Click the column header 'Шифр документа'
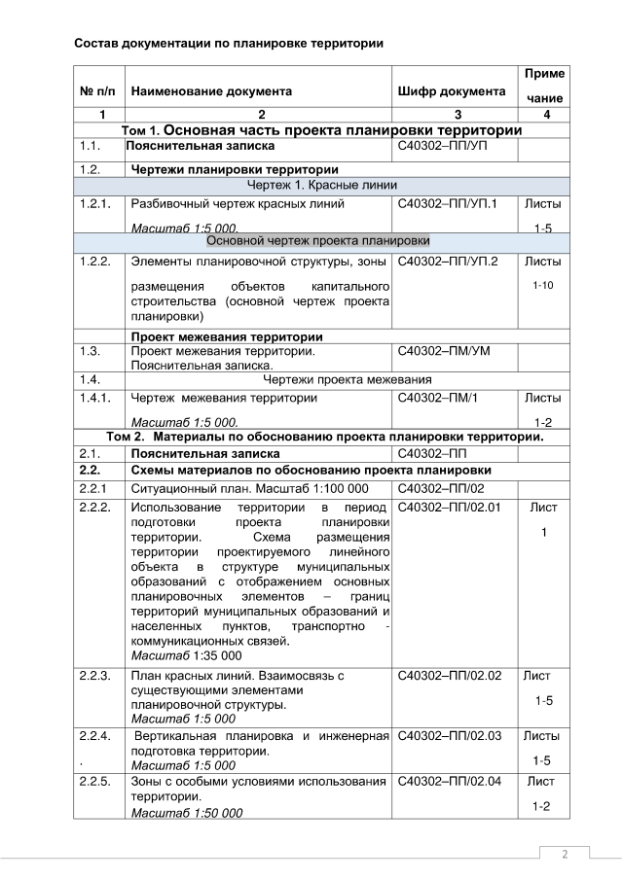click(x=451, y=91)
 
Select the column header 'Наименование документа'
click(x=211, y=91)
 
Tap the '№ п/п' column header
click(x=98, y=91)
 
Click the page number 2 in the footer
click(x=563, y=854)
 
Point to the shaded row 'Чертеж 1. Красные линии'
click(x=321, y=185)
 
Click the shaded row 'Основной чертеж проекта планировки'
click(x=321, y=240)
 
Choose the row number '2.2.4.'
click(x=96, y=736)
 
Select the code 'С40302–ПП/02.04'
click(x=450, y=781)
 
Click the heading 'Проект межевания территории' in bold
click(x=227, y=336)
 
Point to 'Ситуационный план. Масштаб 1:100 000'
click(x=250, y=488)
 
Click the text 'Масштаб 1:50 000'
click(x=187, y=812)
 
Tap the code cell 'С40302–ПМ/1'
click(x=440, y=398)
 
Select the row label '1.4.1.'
click(x=96, y=398)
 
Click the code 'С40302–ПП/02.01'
click(x=450, y=508)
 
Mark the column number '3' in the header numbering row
click(x=453, y=115)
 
